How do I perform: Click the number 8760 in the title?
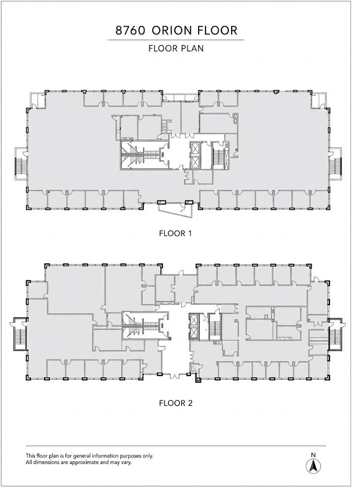point(130,31)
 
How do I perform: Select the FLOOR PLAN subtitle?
point(176,48)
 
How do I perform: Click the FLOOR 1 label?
point(175,233)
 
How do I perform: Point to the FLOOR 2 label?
point(175,403)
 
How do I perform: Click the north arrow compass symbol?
point(313,465)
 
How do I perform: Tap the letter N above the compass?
point(313,455)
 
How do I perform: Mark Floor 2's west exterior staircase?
point(19,334)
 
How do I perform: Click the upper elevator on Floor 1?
point(195,148)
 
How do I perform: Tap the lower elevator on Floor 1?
point(195,163)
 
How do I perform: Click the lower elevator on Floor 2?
point(193,333)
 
